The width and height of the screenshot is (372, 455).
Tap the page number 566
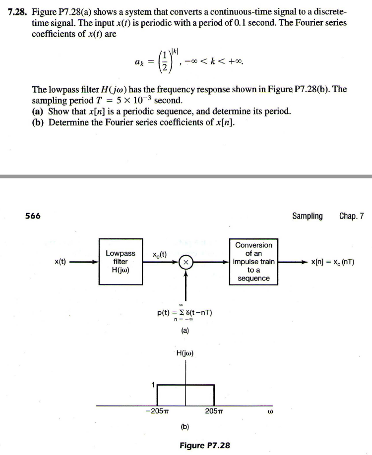pyautogui.click(x=33, y=216)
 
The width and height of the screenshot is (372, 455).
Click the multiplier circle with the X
pyautogui.click(x=186, y=262)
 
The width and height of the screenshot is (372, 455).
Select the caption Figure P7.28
pyautogui.click(x=204, y=445)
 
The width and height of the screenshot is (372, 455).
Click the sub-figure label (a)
pyautogui.click(x=185, y=333)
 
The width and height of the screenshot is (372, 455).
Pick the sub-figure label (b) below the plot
pyautogui.click(x=185, y=426)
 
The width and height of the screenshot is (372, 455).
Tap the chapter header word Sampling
pyautogui.click(x=307, y=216)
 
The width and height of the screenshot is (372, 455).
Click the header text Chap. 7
pyautogui.click(x=352, y=216)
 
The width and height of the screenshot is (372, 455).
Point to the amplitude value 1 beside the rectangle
pyautogui.click(x=153, y=383)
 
